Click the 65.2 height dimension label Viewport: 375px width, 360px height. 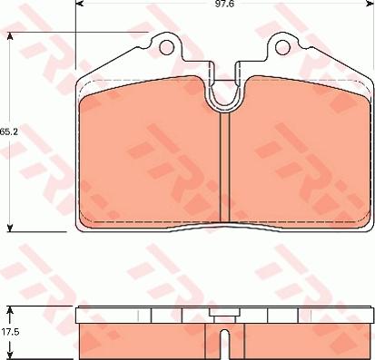click(9, 132)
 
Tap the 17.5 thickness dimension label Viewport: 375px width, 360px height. click(11, 332)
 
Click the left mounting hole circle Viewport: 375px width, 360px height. click(166, 47)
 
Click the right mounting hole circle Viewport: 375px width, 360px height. click(282, 47)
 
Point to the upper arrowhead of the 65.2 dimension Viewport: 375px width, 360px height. click(10, 37)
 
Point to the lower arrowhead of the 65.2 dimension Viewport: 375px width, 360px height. click(10, 228)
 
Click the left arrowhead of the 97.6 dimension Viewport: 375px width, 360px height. click(79, 4)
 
